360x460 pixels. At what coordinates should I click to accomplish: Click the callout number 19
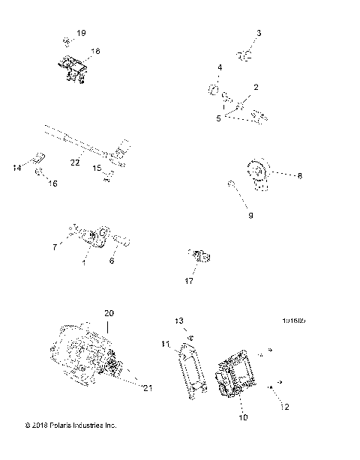coord(81,34)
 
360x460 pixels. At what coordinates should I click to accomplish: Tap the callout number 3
coord(259,34)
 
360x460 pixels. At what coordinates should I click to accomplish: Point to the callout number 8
coord(278,176)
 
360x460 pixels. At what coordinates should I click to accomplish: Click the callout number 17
coord(189,281)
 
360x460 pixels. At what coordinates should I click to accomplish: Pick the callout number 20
coord(109,312)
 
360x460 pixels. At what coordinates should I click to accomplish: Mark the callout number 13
coord(179,321)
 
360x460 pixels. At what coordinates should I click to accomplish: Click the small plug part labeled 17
coord(199,257)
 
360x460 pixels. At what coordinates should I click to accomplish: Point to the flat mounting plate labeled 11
coord(193,370)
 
